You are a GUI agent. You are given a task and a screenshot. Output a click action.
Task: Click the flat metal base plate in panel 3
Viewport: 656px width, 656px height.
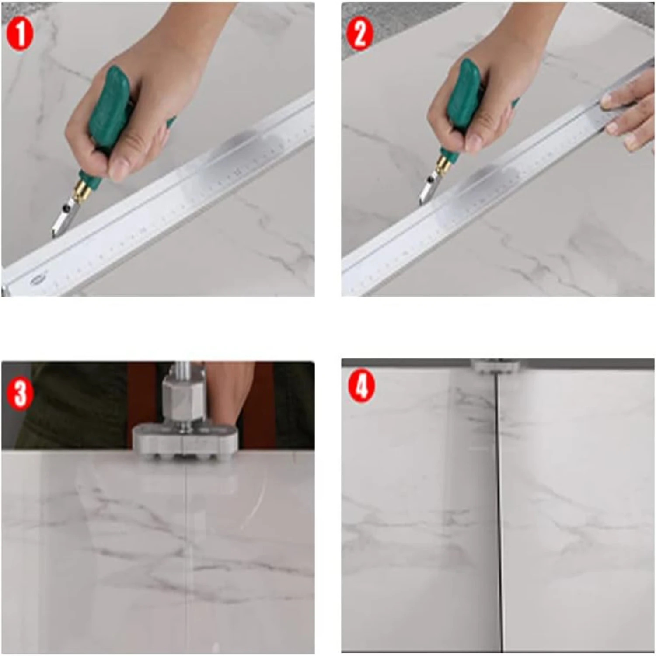[x=186, y=441]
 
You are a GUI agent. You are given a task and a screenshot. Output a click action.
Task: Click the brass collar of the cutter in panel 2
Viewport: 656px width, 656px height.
[x=445, y=163]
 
